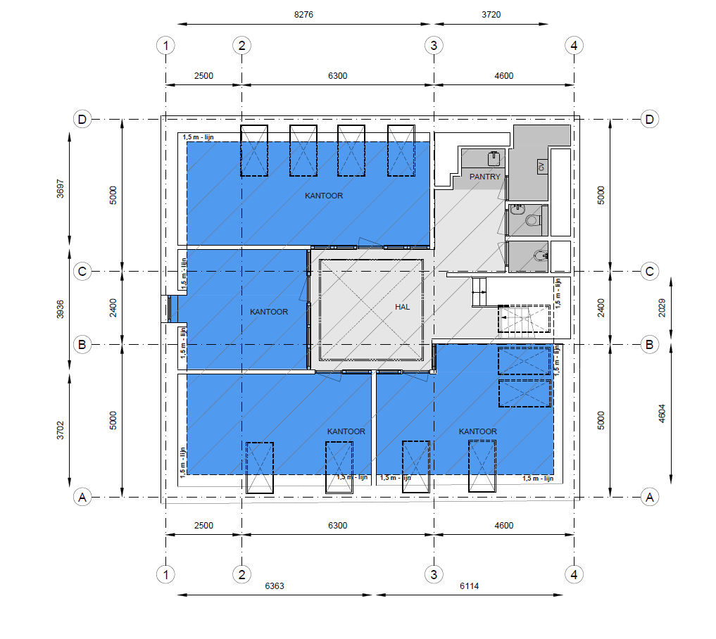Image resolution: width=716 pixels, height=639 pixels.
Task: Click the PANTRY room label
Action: coord(485,177)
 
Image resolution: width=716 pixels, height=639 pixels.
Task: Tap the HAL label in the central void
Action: coord(402,307)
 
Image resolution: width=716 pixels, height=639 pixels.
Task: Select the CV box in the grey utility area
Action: coord(541,167)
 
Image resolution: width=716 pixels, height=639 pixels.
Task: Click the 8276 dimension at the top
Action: coord(303,15)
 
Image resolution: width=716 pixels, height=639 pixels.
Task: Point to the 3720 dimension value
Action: coord(491,15)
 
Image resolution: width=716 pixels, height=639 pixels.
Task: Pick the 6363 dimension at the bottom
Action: coord(275,586)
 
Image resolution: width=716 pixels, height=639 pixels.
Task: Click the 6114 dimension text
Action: coord(470,586)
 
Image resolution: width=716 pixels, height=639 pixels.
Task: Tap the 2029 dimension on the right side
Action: coord(662,308)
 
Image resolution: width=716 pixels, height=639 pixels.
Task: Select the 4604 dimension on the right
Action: coord(662,414)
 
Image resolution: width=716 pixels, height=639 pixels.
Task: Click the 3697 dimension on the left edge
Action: coord(61,189)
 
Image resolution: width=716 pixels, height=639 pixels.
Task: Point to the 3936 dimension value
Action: coord(61,309)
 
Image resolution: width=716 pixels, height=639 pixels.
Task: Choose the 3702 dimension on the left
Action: coord(61,431)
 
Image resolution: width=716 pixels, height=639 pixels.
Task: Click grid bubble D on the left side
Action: coord(82,120)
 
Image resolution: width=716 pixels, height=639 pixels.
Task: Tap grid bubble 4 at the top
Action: coord(574,46)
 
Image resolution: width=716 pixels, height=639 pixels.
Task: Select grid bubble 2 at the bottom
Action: coord(242,574)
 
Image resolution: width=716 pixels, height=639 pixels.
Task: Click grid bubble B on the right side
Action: coord(650,345)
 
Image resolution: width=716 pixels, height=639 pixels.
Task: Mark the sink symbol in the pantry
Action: coord(494,158)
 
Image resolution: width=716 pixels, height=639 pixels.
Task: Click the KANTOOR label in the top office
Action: coord(324,196)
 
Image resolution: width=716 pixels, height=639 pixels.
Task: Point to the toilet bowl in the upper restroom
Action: coord(533,220)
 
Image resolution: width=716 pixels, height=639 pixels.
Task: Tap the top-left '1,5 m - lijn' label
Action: coord(198,137)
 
